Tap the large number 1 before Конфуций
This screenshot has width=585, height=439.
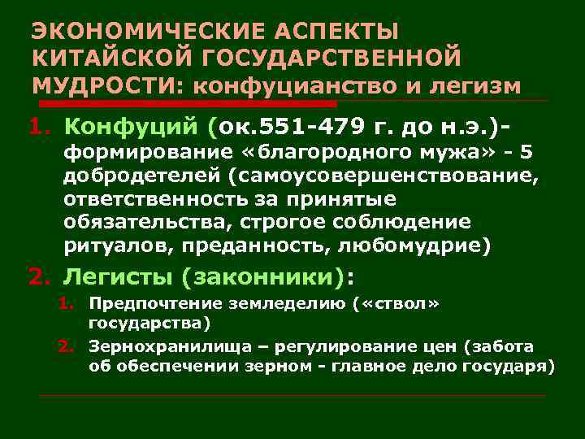tap(35, 127)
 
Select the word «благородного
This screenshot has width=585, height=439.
tap(274, 153)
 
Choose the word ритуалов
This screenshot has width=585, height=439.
tap(107, 244)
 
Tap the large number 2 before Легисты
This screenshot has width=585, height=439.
tap(35, 278)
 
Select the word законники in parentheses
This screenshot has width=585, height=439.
tap(262, 278)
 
